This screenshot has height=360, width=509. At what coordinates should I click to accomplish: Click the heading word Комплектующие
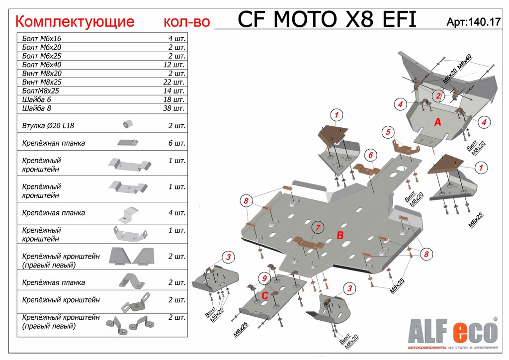point(75,21)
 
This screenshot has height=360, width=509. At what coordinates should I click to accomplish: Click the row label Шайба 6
point(37,99)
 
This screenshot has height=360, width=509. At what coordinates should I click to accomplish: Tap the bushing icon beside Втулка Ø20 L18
point(129,123)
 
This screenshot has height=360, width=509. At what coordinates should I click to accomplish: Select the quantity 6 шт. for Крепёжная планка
point(176,143)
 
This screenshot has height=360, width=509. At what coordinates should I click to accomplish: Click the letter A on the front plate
point(437,122)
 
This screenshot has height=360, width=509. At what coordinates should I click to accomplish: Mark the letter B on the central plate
point(340,235)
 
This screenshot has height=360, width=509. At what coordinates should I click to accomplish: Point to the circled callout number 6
point(370,156)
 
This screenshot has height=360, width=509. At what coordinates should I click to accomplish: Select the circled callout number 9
point(265,278)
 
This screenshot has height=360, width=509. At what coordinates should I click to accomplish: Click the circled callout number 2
point(438,96)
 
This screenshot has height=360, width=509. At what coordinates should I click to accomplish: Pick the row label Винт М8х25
point(42,82)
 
